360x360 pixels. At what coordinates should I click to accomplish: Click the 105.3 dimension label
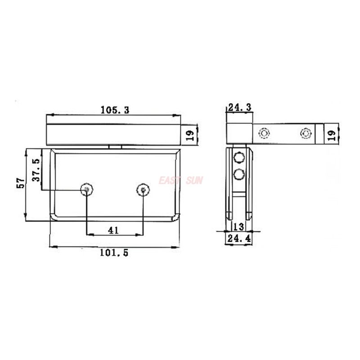[115, 109]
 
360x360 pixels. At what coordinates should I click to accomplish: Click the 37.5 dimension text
[36, 169]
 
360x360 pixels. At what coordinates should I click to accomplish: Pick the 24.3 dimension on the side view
[240, 107]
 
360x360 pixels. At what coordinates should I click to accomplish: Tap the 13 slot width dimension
[238, 226]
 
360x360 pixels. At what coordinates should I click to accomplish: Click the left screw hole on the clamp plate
[86, 189]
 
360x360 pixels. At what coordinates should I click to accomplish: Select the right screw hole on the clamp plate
[143, 190]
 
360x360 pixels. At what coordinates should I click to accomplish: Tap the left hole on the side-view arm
[263, 133]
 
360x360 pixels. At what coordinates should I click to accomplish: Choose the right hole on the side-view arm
[306, 133]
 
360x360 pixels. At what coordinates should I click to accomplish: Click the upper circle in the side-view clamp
[238, 157]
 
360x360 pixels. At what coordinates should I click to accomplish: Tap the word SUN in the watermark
[194, 180]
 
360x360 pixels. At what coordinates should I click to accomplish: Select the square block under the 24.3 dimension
[239, 133]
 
